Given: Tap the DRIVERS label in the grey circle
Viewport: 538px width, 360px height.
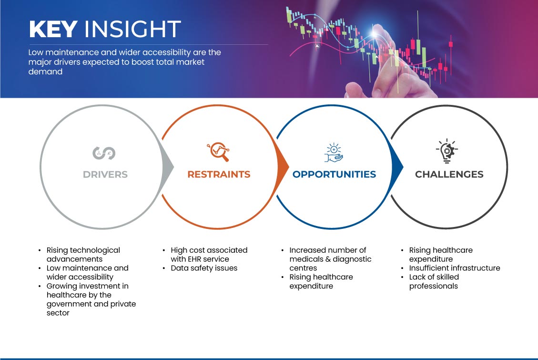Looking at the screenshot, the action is click(105, 175).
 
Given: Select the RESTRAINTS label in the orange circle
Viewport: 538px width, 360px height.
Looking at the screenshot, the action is click(219, 175).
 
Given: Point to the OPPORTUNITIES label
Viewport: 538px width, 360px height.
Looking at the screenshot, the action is click(334, 175).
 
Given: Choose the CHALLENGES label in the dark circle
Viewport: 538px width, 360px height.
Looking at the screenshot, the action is click(449, 175).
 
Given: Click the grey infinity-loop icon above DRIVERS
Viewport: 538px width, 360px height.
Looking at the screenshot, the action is click(104, 153).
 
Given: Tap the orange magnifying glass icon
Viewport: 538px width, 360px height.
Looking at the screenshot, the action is click(218, 152).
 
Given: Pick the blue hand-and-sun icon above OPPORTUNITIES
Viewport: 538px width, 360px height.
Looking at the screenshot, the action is click(334, 153).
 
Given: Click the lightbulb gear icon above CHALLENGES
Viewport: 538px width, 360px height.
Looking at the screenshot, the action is click(447, 151).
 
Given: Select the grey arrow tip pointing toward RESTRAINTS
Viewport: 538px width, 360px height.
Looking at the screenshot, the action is click(173, 167).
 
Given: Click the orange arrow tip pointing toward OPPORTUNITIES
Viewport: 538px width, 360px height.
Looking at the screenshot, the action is click(288, 167).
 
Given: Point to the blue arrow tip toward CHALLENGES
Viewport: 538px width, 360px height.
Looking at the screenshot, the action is click(403, 167).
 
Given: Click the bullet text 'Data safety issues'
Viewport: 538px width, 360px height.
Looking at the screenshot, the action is click(204, 268).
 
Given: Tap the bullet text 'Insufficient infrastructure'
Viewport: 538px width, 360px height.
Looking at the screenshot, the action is click(455, 268).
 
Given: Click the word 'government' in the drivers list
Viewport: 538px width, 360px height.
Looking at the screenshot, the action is click(69, 304).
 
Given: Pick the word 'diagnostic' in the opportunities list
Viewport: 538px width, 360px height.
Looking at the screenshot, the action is click(352, 259).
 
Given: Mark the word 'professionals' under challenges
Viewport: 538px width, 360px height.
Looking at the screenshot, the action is click(433, 286).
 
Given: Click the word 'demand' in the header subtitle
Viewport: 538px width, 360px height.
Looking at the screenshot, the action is click(45, 72).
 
